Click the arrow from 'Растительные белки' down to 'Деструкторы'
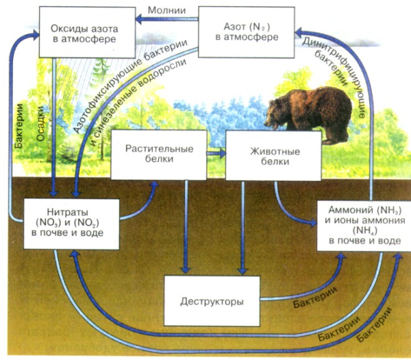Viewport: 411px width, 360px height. [184, 226]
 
